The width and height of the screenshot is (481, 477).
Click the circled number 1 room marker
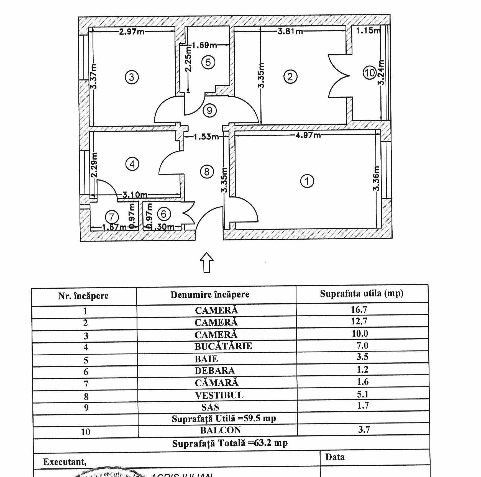(307, 181)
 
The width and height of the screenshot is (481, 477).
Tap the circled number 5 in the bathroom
(208, 62)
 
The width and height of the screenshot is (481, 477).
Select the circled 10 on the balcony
(370, 73)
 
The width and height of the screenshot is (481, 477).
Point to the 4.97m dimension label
(308, 135)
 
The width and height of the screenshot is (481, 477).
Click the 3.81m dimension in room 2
(290, 31)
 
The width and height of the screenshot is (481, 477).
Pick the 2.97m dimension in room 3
(132, 31)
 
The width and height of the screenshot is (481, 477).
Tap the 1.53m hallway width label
(206, 137)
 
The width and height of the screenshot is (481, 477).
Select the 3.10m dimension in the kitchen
(135, 195)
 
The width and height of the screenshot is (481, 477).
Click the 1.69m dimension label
(204, 45)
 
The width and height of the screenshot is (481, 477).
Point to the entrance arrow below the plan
(207, 262)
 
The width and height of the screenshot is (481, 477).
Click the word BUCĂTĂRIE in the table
(223, 346)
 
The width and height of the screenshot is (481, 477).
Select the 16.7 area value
(359, 309)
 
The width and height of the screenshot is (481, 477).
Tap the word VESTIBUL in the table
(219, 395)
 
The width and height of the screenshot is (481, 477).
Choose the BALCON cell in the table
(221, 430)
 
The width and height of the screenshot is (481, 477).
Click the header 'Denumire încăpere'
(210, 294)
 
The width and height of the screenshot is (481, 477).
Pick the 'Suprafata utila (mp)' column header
(362, 293)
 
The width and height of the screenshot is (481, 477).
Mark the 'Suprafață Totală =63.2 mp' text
(230, 443)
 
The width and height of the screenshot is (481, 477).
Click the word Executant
(65, 462)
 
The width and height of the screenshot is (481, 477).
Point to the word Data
(335, 457)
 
